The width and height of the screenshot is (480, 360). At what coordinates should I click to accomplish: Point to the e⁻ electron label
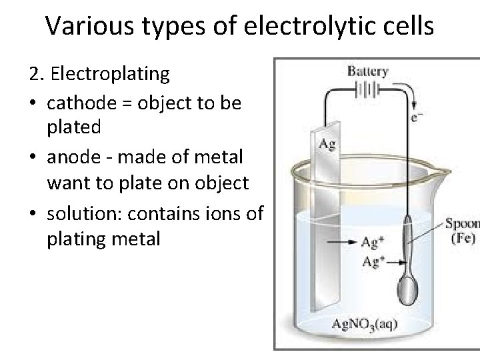(x=416, y=118)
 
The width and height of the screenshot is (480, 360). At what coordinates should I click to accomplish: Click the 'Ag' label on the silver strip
(x=327, y=143)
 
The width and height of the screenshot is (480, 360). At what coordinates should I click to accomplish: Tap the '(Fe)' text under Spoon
(x=463, y=238)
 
